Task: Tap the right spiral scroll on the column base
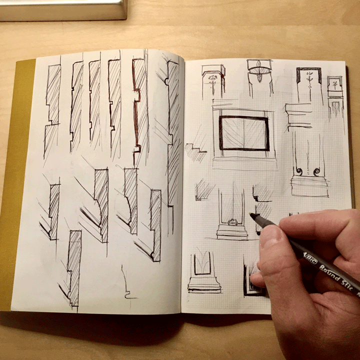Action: point(316,172)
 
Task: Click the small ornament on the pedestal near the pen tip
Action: point(232,221)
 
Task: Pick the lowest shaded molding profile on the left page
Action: point(73,267)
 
